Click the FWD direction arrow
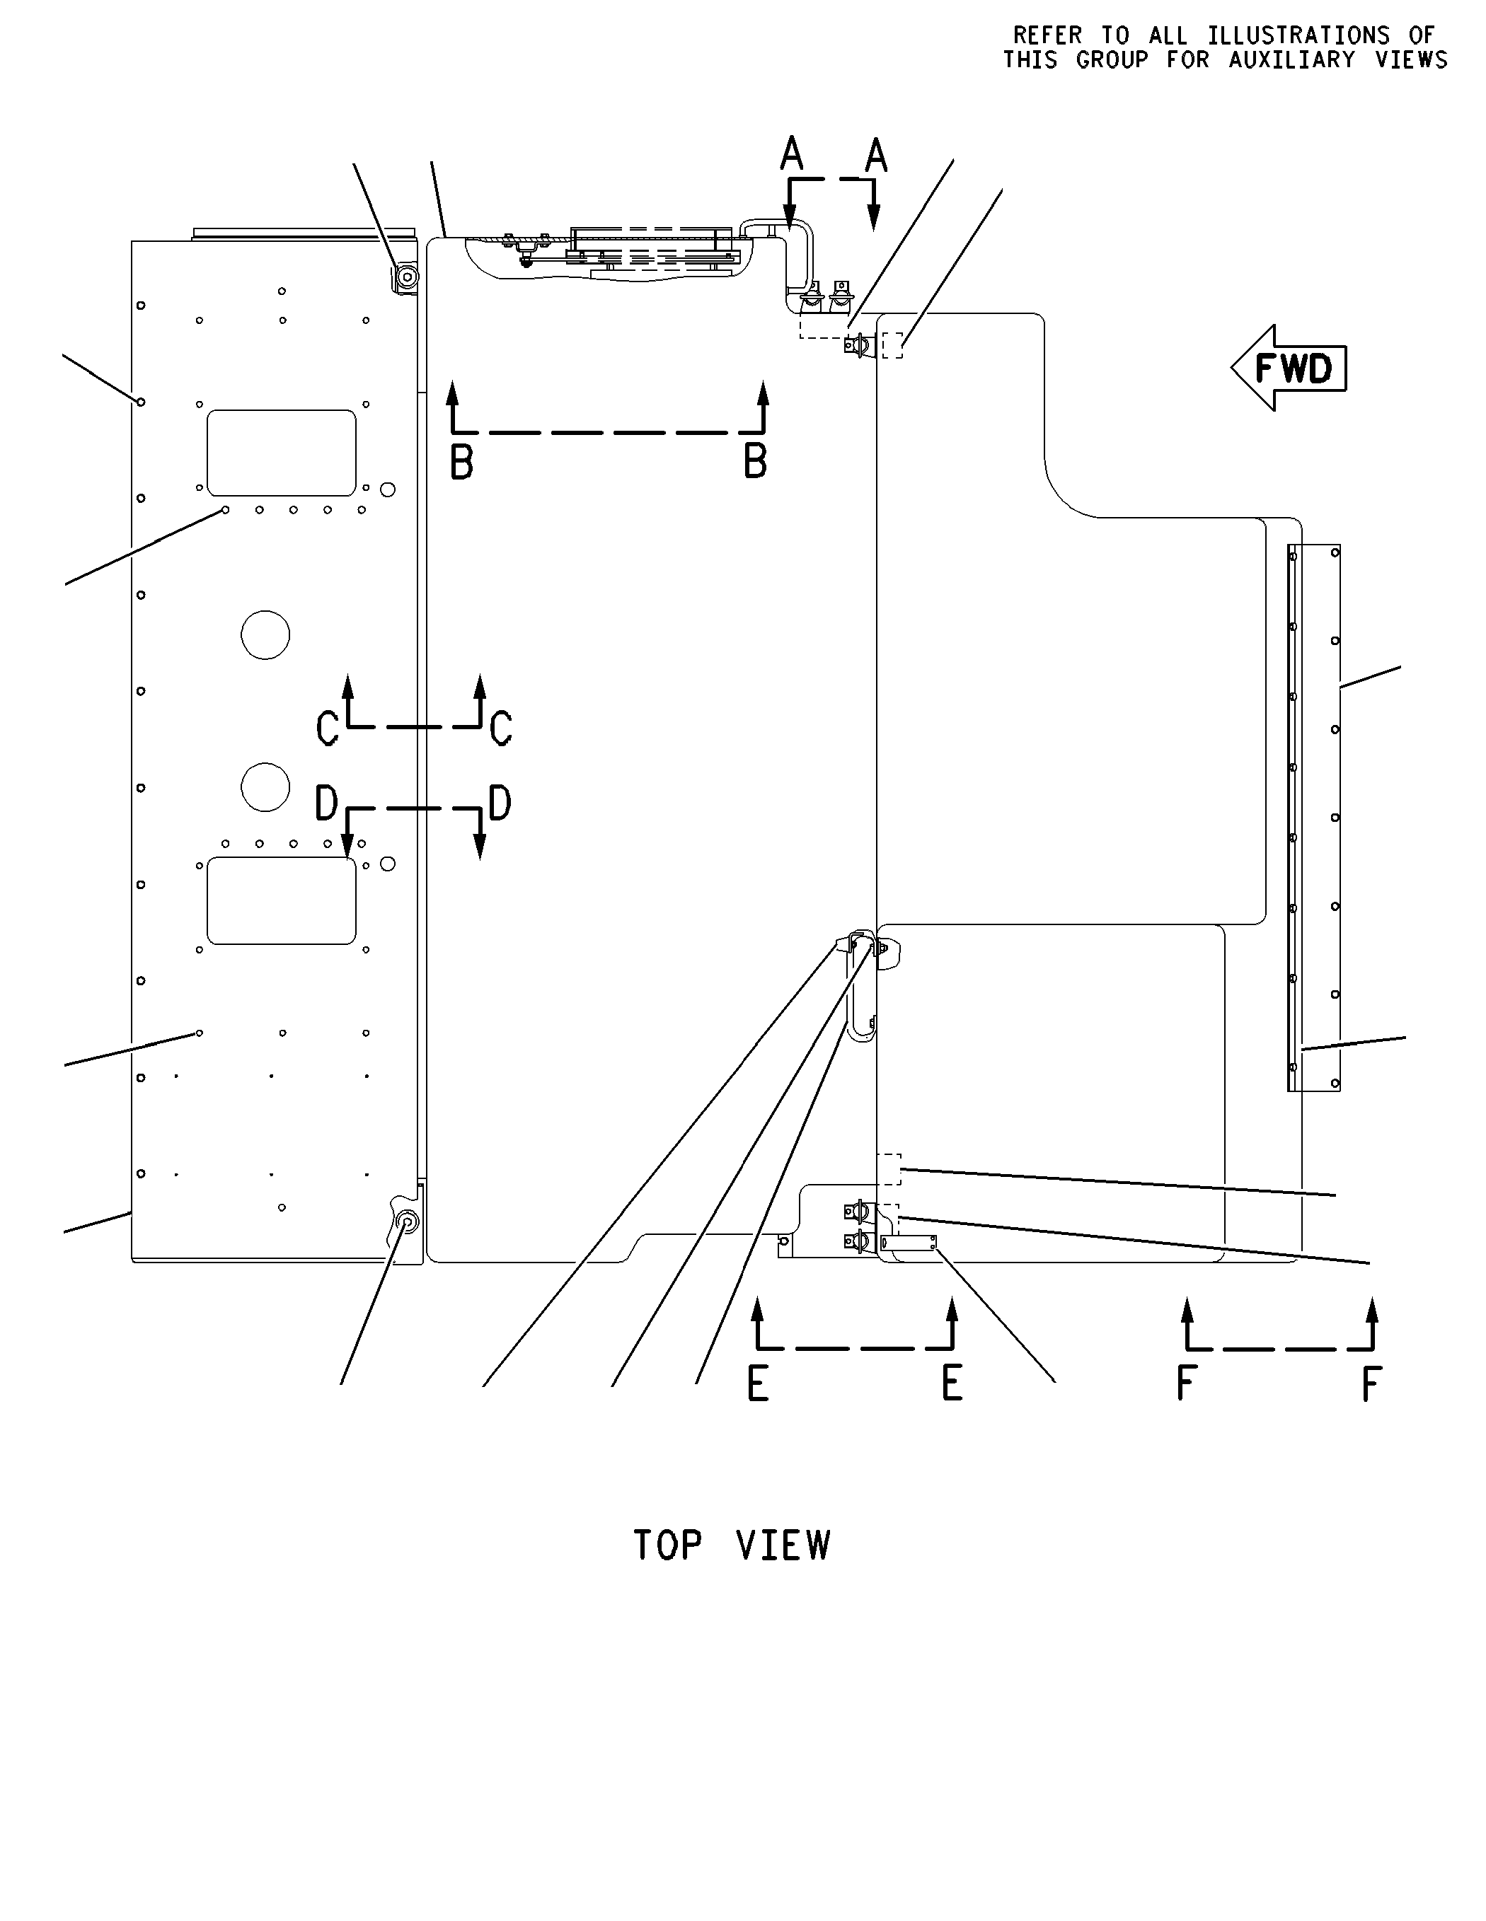[x=1289, y=368]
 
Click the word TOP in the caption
[x=668, y=1545]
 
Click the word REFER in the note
[x=1048, y=35]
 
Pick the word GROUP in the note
[x=1112, y=60]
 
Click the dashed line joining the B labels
[x=608, y=432]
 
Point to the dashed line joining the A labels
[x=831, y=180]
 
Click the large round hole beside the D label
[x=265, y=787]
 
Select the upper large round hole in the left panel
[x=265, y=634]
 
